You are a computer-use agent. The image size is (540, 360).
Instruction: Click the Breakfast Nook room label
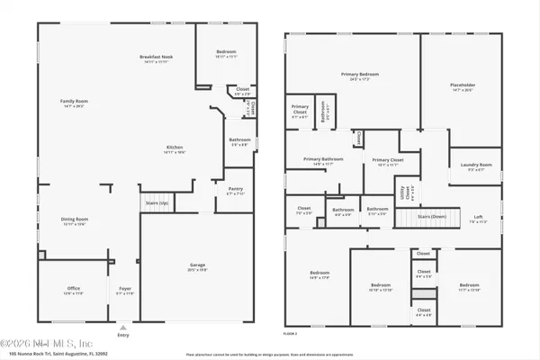coord(156,59)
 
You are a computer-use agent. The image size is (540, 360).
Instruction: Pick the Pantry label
coord(235,190)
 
